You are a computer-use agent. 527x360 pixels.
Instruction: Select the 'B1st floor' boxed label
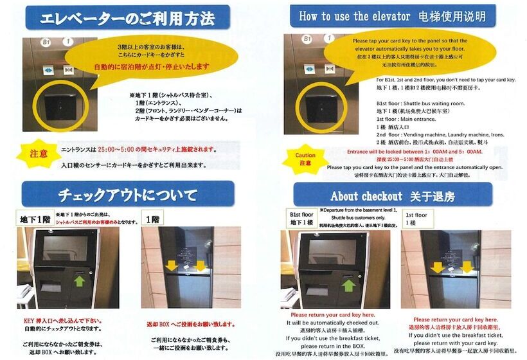click(x=302, y=219)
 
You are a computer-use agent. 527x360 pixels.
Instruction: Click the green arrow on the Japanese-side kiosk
click(x=78, y=280)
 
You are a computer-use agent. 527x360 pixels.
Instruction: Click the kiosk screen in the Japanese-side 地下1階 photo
click(x=64, y=247)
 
